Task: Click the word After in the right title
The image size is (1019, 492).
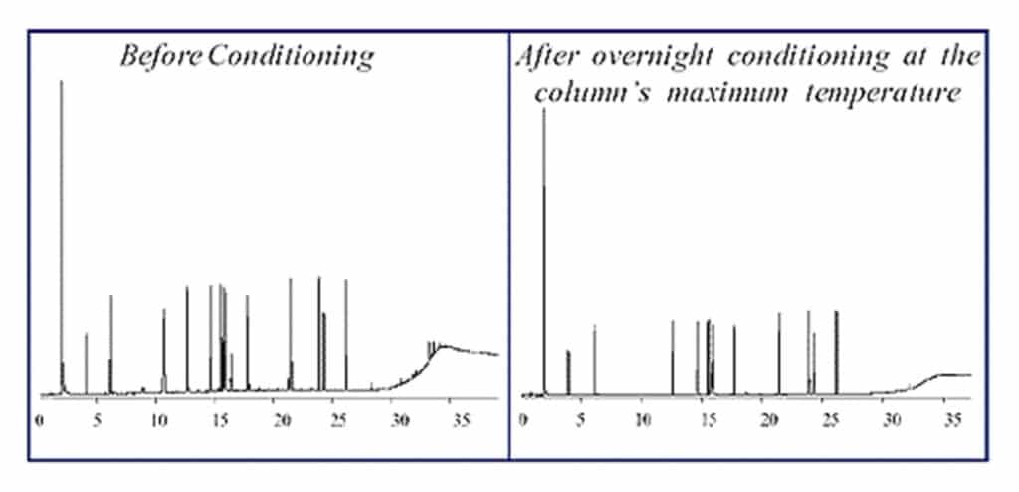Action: coord(546,55)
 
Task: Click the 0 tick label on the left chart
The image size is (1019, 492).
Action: coord(39,420)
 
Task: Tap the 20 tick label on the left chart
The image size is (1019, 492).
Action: coord(281,420)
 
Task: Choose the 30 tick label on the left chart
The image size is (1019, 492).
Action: coord(400,420)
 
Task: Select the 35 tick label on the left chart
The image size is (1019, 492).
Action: coord(461,420)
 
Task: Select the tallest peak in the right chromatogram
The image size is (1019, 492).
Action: coord(543,110)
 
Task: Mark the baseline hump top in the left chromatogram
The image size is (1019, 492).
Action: coord(443,346)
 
